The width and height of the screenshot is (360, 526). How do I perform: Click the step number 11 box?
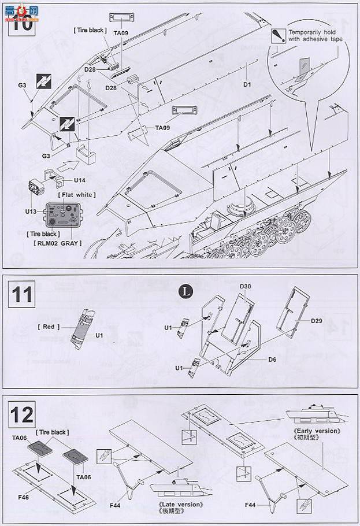(21, 295)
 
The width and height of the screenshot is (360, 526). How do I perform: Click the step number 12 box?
(21, 416)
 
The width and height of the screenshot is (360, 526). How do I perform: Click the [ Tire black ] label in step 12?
(53, 432)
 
